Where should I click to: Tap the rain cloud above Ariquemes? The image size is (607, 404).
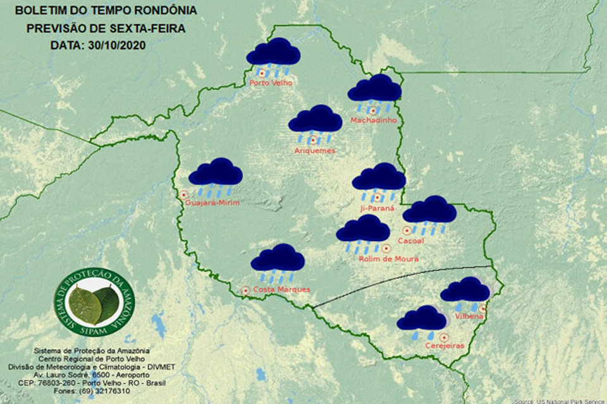(315, 121)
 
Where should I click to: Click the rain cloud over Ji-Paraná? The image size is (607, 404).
(379, 179)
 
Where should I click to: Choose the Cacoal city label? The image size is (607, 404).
(415, 241)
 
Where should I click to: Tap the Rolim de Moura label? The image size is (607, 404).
(388, 258)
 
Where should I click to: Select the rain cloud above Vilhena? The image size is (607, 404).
(465, 291)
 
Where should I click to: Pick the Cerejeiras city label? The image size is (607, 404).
(445, 346)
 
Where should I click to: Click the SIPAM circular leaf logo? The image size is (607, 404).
(94, 303)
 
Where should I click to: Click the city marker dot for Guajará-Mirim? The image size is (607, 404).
(184, 195)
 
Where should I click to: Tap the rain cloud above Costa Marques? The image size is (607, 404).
(278, 259)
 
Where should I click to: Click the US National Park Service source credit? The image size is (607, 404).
(560, 401)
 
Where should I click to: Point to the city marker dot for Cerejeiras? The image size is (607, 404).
(445, 336)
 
